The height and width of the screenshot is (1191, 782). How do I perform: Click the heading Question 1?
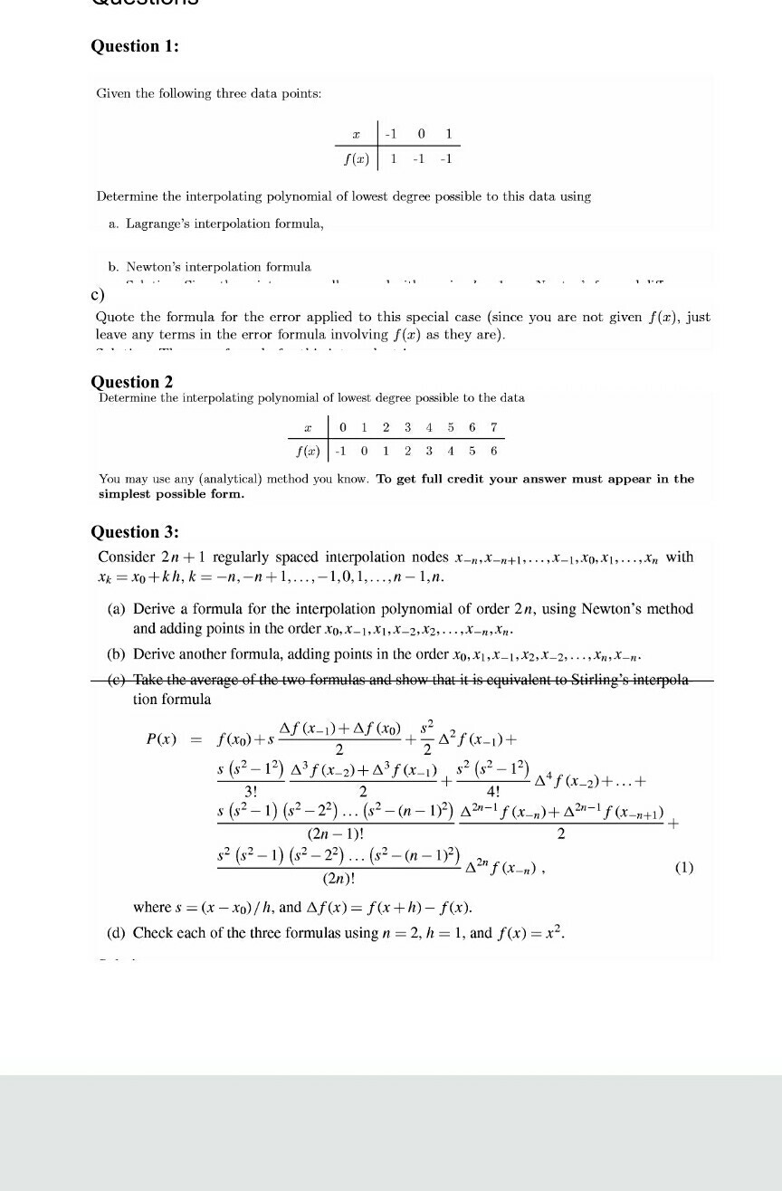click(135, 47)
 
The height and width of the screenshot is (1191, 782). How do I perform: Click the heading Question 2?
click(132, 382)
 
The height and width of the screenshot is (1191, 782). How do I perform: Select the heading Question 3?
click(135, 532)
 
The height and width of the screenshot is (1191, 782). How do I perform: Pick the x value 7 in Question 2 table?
click(493, 427)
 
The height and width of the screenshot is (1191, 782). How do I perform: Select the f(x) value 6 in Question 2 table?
click(493, 450)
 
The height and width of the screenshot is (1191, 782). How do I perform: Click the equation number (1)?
click(683, 868)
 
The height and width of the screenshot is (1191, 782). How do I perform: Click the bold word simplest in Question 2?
click(127, 494)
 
